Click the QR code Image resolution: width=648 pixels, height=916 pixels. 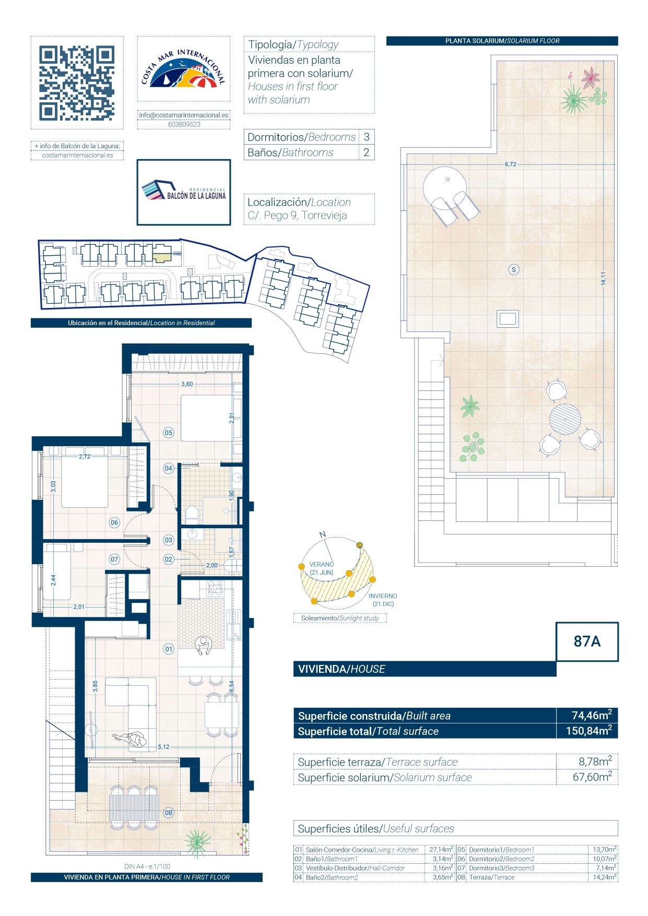(77, 83)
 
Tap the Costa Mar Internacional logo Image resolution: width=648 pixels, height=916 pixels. (183, 68)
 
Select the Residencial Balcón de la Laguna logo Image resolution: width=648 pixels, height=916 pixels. (184, 192)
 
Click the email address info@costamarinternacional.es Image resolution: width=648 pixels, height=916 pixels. (184, 115)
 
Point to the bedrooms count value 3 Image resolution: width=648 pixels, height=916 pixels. (367, 137)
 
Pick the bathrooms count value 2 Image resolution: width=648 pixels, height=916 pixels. (367, 152)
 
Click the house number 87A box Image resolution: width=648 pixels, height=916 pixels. (587, 641)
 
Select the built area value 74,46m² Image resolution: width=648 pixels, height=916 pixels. (592, 715)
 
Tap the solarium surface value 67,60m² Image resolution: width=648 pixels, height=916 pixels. (592, 777)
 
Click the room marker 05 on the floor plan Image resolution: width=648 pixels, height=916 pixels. (169, 433)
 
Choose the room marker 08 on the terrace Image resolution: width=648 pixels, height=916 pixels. (169, 813)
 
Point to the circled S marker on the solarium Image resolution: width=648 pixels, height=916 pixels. (514, 270)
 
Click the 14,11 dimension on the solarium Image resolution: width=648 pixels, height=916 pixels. (604, 278)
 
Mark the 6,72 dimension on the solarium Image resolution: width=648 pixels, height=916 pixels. (510, 164)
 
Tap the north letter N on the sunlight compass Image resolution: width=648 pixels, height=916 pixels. (323, 534)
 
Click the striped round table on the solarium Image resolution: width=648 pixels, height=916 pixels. (565, 419)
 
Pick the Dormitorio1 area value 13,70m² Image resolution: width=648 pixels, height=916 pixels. (605, 850)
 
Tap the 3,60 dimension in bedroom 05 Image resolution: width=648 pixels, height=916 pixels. (187, 384)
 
